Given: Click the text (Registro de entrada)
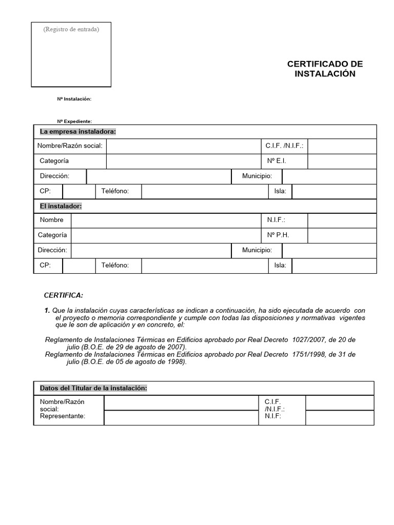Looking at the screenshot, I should [71, 29].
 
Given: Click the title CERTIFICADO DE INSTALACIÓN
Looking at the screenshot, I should [325, 69].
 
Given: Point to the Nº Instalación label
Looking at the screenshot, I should [74, 98].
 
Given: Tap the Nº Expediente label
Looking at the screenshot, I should [74, 121].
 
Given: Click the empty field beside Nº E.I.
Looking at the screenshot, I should [342, 161].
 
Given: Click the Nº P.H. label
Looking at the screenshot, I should [278, 235].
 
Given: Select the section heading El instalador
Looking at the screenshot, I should [61, 206].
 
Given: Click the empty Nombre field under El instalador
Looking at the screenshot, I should [165, 220].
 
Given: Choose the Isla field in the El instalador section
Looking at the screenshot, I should [333, 266].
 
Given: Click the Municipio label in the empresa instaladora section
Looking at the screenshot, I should [257, 176].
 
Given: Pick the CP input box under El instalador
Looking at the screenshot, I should [78, 266].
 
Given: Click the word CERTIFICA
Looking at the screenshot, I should [63, 296].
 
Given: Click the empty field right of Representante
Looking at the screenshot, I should [181, 418].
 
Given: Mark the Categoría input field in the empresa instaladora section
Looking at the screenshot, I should [182, 161].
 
